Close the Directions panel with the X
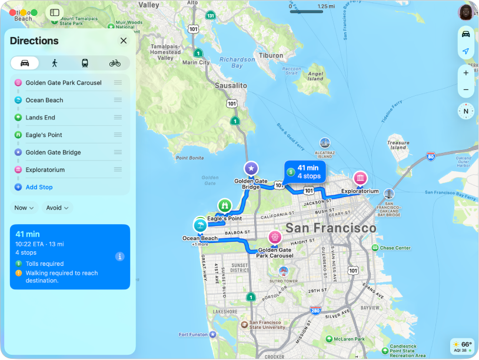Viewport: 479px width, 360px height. [124, 41]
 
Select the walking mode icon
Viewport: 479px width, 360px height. [55, 63]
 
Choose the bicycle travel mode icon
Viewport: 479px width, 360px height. [115, 63]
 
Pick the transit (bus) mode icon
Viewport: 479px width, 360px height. [85, 63]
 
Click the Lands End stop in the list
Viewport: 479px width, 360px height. [40, 118]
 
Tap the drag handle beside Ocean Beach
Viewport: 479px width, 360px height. [118, 100]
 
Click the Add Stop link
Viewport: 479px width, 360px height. [39, 187]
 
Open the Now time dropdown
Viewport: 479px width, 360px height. [24, 208]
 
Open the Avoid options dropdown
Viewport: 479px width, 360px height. [58, 208]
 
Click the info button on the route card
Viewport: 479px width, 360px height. [119, 256]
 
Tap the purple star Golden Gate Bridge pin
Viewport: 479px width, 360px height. [251, 169]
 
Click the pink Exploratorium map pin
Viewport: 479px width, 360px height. [360, 178]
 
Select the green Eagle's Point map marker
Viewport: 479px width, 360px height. [224, 206]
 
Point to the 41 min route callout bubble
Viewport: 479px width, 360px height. [304, 172]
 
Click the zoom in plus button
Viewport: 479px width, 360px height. [465, 73]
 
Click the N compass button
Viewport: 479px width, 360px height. [465, 111]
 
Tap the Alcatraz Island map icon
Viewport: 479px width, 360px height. [324, 142]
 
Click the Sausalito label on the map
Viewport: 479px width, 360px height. [231, 85]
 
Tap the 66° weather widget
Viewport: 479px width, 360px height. [461, 346]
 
